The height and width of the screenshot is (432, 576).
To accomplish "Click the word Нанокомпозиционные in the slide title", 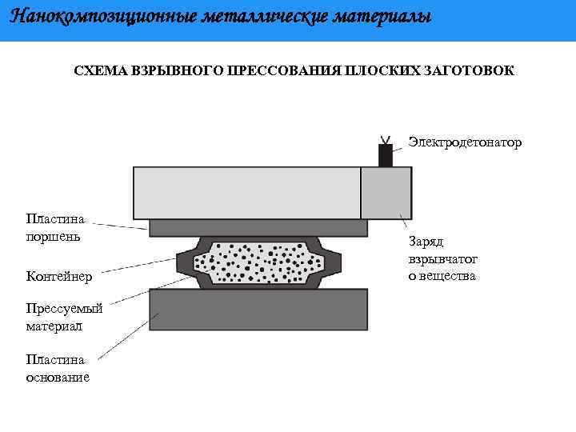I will tap(93, 17).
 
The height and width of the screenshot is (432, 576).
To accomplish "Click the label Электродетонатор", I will tap(465, 142).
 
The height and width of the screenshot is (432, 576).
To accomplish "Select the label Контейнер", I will tap(58, 277).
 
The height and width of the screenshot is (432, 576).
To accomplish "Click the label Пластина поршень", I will tap(56, 226).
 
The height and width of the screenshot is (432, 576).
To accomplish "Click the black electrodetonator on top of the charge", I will tap(386, 155).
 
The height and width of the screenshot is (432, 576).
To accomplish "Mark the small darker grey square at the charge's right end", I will tap(386, 192).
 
